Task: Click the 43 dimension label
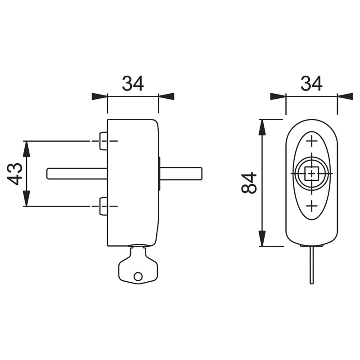pos(15,174)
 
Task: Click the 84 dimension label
pos(249,183)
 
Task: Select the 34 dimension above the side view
pos(133,84)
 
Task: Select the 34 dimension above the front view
pos(311,84)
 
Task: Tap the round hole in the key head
pos(138,276)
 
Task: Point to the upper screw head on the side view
pos(103,141)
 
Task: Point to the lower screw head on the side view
pos(103,206)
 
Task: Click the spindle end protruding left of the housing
pos(77,173)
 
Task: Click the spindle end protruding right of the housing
pos(181,173)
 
